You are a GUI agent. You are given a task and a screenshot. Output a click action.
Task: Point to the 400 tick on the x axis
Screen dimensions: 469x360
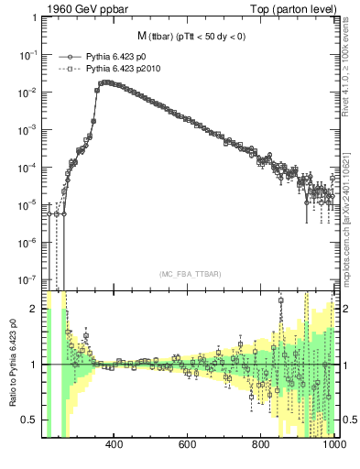(115, 446)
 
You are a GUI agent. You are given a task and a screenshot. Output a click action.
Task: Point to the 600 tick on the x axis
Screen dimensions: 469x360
(188, 446)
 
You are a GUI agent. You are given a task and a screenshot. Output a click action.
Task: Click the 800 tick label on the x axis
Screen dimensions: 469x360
(261, 446)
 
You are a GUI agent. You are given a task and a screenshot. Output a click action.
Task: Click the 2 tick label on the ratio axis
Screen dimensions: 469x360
(34, 310)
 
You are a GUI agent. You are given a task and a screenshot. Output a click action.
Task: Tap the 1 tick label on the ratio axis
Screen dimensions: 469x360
(34, 365)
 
